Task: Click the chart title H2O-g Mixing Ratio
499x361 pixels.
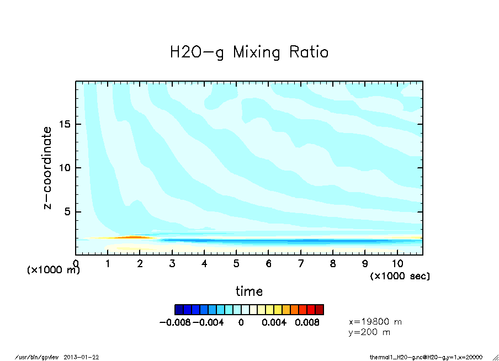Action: (x=249, y=52)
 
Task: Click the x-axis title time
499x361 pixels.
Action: (x=249, y=291)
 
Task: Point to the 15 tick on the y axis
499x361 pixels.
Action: (x=65, y=124)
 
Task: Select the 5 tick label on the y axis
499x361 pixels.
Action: (x=68, y=212)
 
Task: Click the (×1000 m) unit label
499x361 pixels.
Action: (x=53, y=270)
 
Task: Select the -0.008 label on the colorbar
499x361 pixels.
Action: (x=174, y=322)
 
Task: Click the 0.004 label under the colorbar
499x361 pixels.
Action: (x=274, y=322)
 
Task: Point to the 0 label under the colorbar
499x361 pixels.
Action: (x=241, y=322)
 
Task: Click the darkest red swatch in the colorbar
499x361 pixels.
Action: (x=320, y=309)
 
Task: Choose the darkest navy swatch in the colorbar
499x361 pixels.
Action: (x=179, y=309)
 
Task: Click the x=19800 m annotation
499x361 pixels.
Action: (x=375, y=321)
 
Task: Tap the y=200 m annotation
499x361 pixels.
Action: (x=369, y=332)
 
